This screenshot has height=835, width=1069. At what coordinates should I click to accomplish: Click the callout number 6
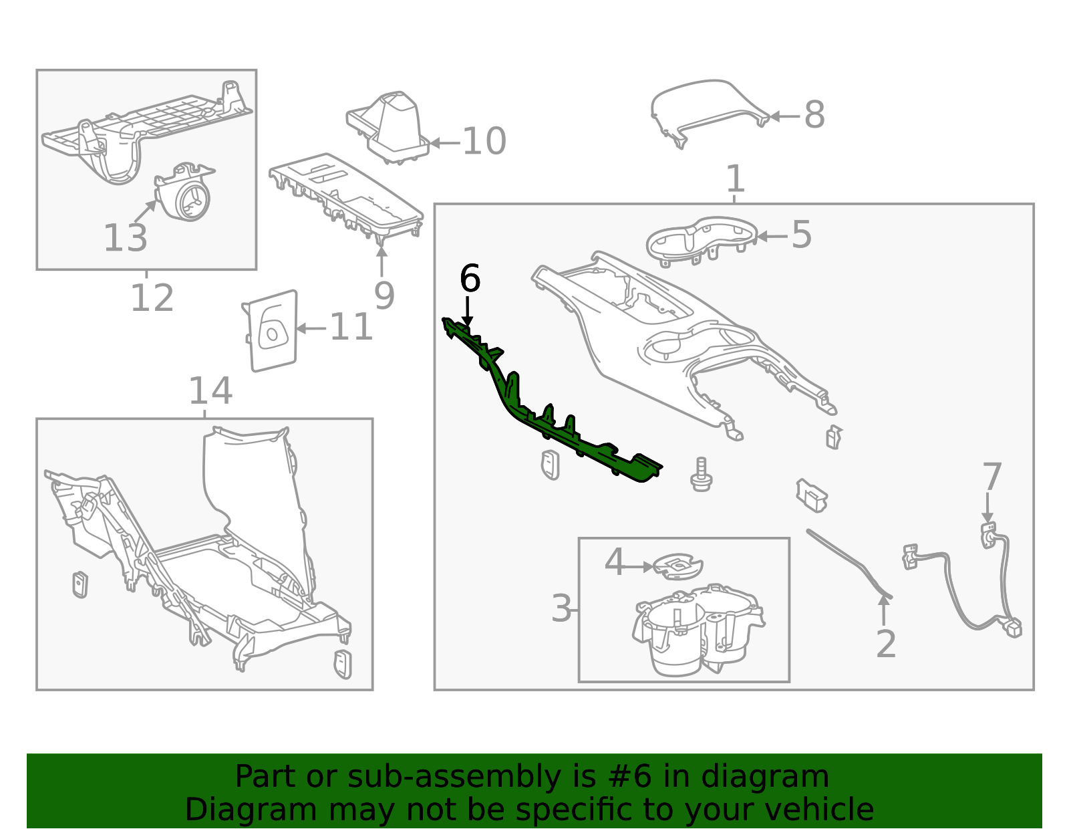coord(470,279)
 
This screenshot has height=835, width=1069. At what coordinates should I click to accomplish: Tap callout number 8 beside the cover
coord(814,115)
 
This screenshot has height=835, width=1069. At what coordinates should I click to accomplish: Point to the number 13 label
coord(125,238)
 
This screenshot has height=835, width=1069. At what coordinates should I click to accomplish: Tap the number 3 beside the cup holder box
coord(561,609)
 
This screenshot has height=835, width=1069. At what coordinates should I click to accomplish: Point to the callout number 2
coord(885,644)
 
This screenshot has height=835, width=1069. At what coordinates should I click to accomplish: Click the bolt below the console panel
coord(701,475)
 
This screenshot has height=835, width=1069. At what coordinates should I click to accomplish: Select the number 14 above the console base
coord(210,391)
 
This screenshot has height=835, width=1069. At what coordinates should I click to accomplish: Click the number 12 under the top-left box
coord(152,298)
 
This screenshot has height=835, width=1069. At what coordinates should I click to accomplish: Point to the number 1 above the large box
coord(734,179)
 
